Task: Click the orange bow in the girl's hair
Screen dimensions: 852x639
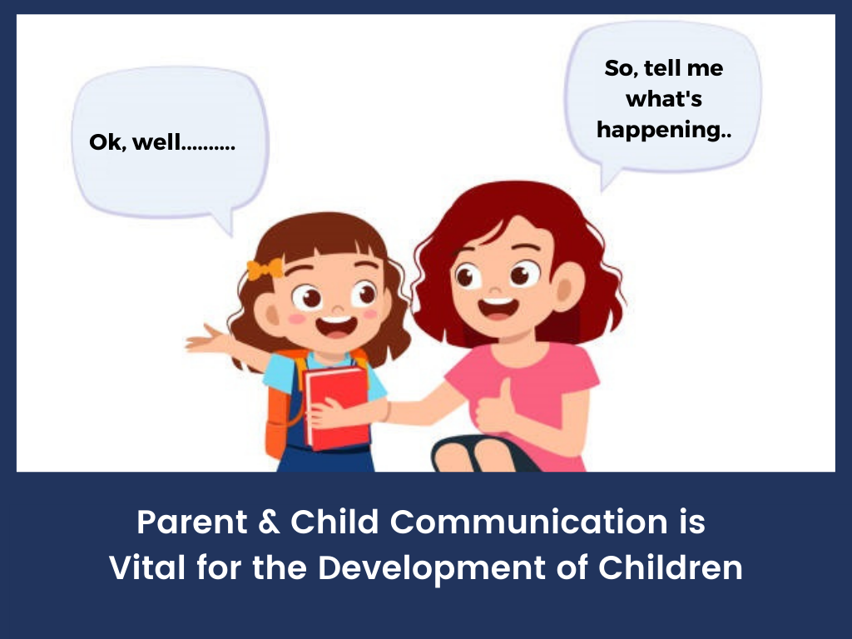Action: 265,269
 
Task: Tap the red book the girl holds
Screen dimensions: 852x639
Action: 337,408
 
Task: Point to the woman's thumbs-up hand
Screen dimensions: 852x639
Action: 494,408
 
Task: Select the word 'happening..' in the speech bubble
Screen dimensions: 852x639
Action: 664,131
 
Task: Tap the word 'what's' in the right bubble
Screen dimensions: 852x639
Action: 664,100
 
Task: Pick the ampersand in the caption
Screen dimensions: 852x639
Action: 269,522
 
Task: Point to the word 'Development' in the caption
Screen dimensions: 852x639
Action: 432,569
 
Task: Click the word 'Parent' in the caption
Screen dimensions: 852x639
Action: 192,523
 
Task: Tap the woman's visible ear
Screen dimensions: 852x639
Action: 567,287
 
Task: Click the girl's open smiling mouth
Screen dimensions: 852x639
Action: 337,326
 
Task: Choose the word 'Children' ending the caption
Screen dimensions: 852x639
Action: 671,567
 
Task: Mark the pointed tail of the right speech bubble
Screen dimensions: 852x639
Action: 602,191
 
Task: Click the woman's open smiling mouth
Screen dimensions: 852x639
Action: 498,308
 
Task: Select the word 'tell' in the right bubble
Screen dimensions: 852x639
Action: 662,68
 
